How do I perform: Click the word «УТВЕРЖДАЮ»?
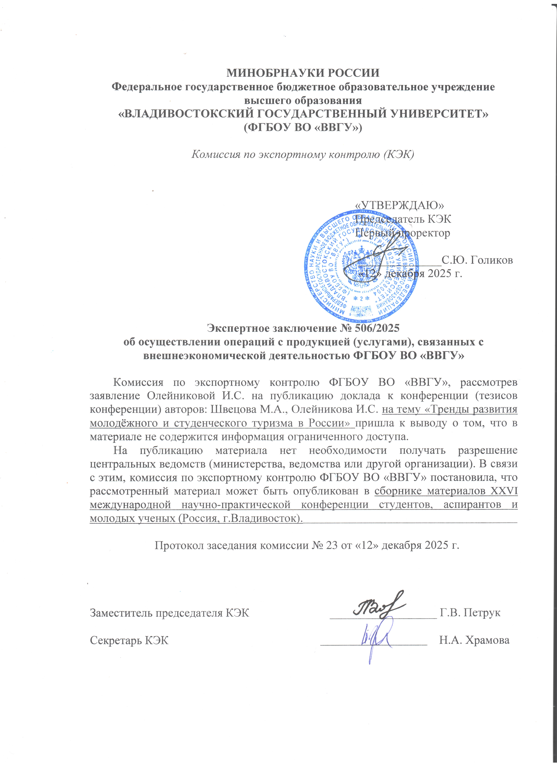[x=400, y=205]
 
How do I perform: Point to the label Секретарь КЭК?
[x=129, y=640]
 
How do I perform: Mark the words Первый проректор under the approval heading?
[x=403, y=233]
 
